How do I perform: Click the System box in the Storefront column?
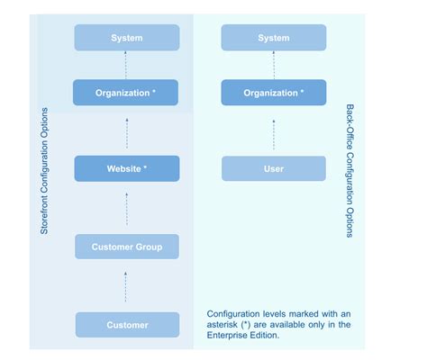(127, 38)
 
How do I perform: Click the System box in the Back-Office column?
(273, 38)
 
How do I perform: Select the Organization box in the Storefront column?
(127, 92)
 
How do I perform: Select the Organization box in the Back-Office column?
(273, 92)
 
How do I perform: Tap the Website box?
(127, 168)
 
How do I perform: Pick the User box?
(273, 168)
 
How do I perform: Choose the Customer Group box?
(127, 247)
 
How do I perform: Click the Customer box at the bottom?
(127, 324)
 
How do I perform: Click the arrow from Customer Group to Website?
(127, 208)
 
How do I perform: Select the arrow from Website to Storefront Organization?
(127, 130)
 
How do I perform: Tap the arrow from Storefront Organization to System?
(127, 65)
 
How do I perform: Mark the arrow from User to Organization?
(273, 130)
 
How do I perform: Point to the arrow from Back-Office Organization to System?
(273, 65)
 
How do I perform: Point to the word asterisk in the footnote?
(225, 325)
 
